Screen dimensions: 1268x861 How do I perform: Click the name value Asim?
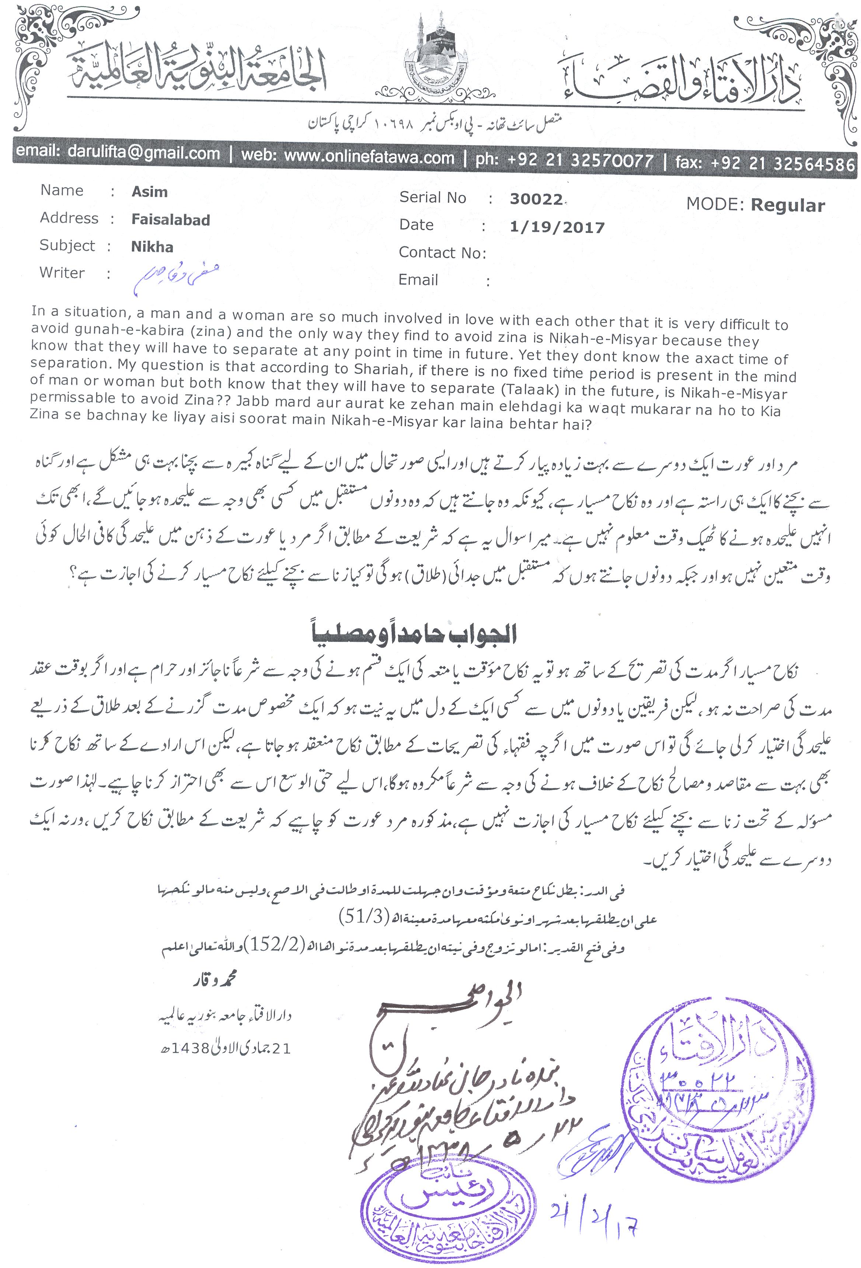(x=150, y=192)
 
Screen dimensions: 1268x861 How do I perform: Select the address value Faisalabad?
(x=170, y=220)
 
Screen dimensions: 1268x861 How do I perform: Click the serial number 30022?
(x=536, y=199)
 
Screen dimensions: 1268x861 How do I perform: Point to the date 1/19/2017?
(x=557, y=227)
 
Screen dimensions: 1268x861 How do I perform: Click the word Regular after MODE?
(x=787, y=205)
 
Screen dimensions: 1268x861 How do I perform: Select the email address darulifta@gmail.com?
(x=143, y=153)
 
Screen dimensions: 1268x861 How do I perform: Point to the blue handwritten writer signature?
(x=176, y=276)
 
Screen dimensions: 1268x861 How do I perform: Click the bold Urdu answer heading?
(x=414, y=634)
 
